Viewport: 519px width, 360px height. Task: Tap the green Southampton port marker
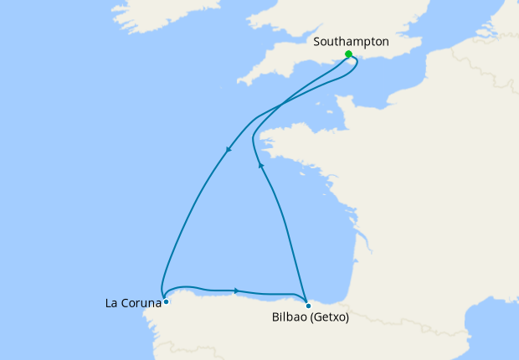(348, 54)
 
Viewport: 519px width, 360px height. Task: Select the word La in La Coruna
(112, 302)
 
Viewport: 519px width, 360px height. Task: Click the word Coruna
(141, 302)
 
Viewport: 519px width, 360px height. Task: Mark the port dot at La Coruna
(167, 301)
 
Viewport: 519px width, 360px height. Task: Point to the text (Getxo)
(331, 317)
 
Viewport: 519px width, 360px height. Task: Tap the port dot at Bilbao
(308, 305)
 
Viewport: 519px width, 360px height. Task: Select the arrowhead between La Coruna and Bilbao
(237, 291)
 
